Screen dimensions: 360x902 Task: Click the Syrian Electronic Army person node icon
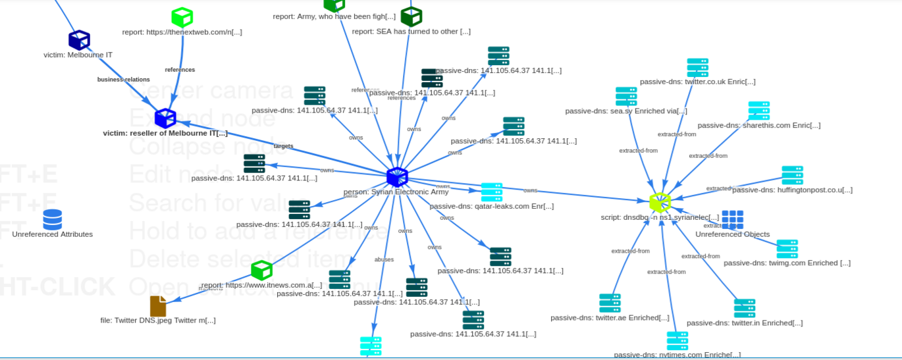pos(397,177)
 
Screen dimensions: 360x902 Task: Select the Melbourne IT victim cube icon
pos(79,39)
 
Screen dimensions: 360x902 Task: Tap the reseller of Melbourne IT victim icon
pos(165,118)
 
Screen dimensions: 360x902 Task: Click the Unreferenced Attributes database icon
pos(53,219)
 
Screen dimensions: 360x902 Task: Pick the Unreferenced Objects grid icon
pos(732,220)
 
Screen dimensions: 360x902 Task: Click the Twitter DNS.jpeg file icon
pos(158,306)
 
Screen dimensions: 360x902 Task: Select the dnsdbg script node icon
pos(660,202)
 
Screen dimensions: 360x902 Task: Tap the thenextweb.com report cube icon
pos(182,17)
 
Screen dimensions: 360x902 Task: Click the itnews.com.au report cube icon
pos(261,270)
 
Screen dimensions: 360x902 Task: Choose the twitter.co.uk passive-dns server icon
pos(697,68)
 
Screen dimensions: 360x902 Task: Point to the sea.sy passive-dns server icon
pos(626,97)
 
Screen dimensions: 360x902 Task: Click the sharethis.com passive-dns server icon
pos(758,111)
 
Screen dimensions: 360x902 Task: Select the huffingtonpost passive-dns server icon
pos(792,176)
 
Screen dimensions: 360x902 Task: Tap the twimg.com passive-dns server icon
pos(787,249)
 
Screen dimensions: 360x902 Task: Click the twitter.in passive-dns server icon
pos(745,308)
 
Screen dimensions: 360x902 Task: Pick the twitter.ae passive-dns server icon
pos(610,303)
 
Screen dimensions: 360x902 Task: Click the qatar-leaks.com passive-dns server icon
pos(492,192)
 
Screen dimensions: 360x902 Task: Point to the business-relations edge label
pos(123,80)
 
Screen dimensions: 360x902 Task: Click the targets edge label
pos(283,146)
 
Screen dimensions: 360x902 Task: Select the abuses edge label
pos(384,259)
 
